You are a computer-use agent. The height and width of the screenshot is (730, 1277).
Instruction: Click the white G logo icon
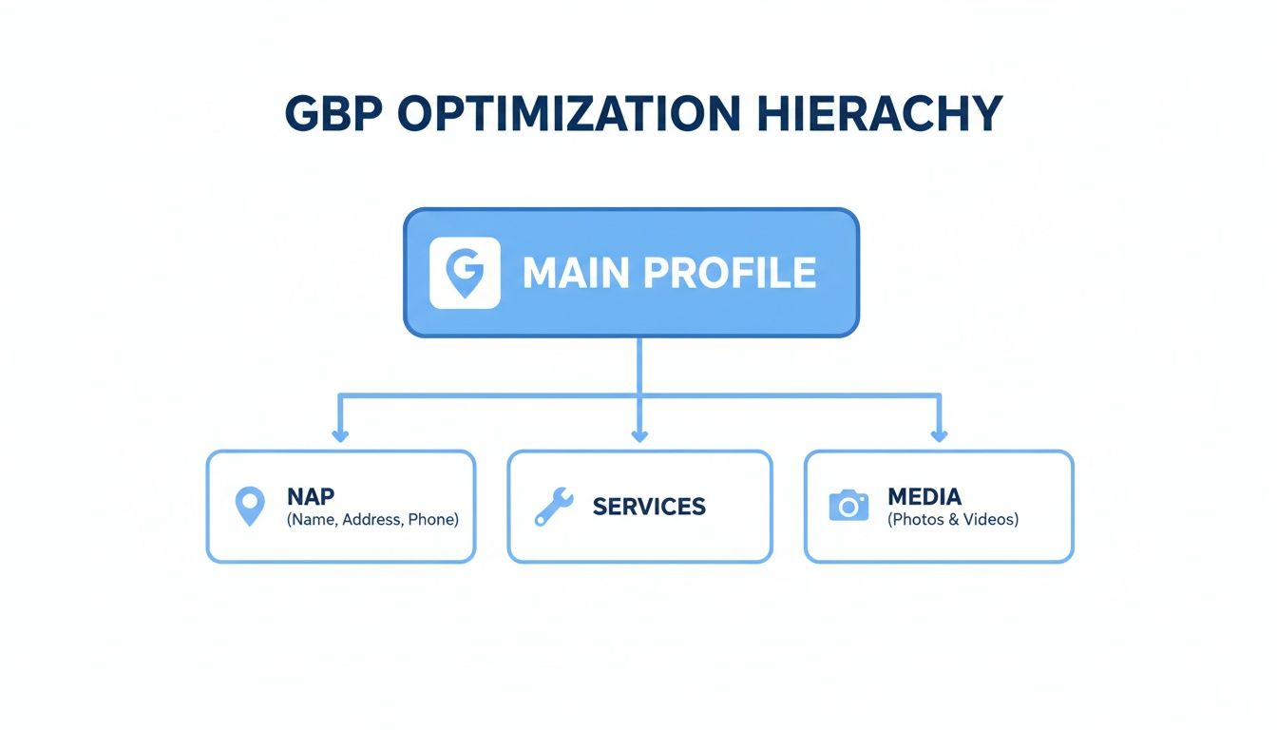pyautogui.click(x=465, y=273)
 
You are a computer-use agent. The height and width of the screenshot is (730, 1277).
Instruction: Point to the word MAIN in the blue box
pyautogui.click(x=576, y=274)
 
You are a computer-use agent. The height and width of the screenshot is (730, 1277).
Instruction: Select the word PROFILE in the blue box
pyautogui.click(x=729, y=274)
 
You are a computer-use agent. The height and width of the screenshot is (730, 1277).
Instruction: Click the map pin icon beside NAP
pyautogui.click(x=249, y=507)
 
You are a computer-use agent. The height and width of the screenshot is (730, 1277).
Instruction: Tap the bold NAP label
pyautogui.click(x=310, y=496)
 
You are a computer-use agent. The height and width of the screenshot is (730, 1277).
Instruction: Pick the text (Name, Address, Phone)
pyautogui.click(x=372, y=520)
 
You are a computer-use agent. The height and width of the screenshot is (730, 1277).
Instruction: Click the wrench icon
pyautogui.click(x=553, y=507)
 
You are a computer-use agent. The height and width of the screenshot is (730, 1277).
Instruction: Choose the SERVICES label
pyautogui.click(x=649, y=507)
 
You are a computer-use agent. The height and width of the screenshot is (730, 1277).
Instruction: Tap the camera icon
pyautogui.click(x=848, y=506)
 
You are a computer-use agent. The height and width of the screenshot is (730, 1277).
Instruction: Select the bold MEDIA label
pyautogui.click(x=924, y=496)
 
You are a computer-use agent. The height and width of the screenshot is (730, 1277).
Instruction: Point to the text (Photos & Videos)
pyautogui.click(x=953, y=520)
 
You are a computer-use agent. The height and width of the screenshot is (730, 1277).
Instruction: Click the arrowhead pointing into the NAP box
pyautogui.click(x=340, y=436)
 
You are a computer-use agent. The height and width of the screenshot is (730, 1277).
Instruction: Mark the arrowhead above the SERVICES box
pyautogui.click(x=639, y=436)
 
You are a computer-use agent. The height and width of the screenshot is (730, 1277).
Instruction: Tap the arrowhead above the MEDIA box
pyautogui.click(x=939, y=436)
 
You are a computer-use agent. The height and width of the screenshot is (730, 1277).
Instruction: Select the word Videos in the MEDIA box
pyautogui.click(x=991, y=520)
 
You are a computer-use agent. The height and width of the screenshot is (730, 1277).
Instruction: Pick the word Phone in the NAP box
pyautogui.click(x=431, y=520)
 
